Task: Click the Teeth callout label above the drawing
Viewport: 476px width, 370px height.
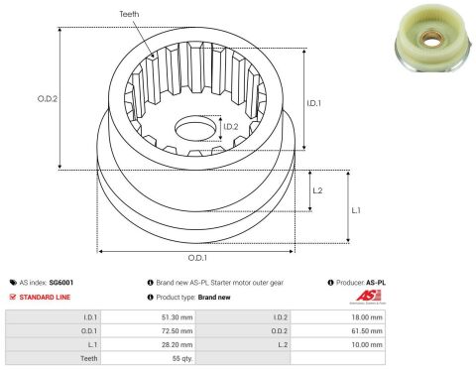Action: tap(129, 14)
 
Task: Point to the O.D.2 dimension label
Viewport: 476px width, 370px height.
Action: tap(48, 98)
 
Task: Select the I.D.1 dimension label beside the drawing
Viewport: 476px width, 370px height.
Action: tap(313, 103)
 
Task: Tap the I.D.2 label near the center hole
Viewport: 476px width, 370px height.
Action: tap(231, 127)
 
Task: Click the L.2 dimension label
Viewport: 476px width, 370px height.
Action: tap(317, 190)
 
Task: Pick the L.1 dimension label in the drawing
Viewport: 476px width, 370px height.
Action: tap(356, 210)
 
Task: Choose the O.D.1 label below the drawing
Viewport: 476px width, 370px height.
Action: tap(197, 258)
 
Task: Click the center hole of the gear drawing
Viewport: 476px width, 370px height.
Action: tap(195, 128)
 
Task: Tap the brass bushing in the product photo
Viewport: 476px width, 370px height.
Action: tap(430, 40)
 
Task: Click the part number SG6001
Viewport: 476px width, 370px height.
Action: tap(61, 283)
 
